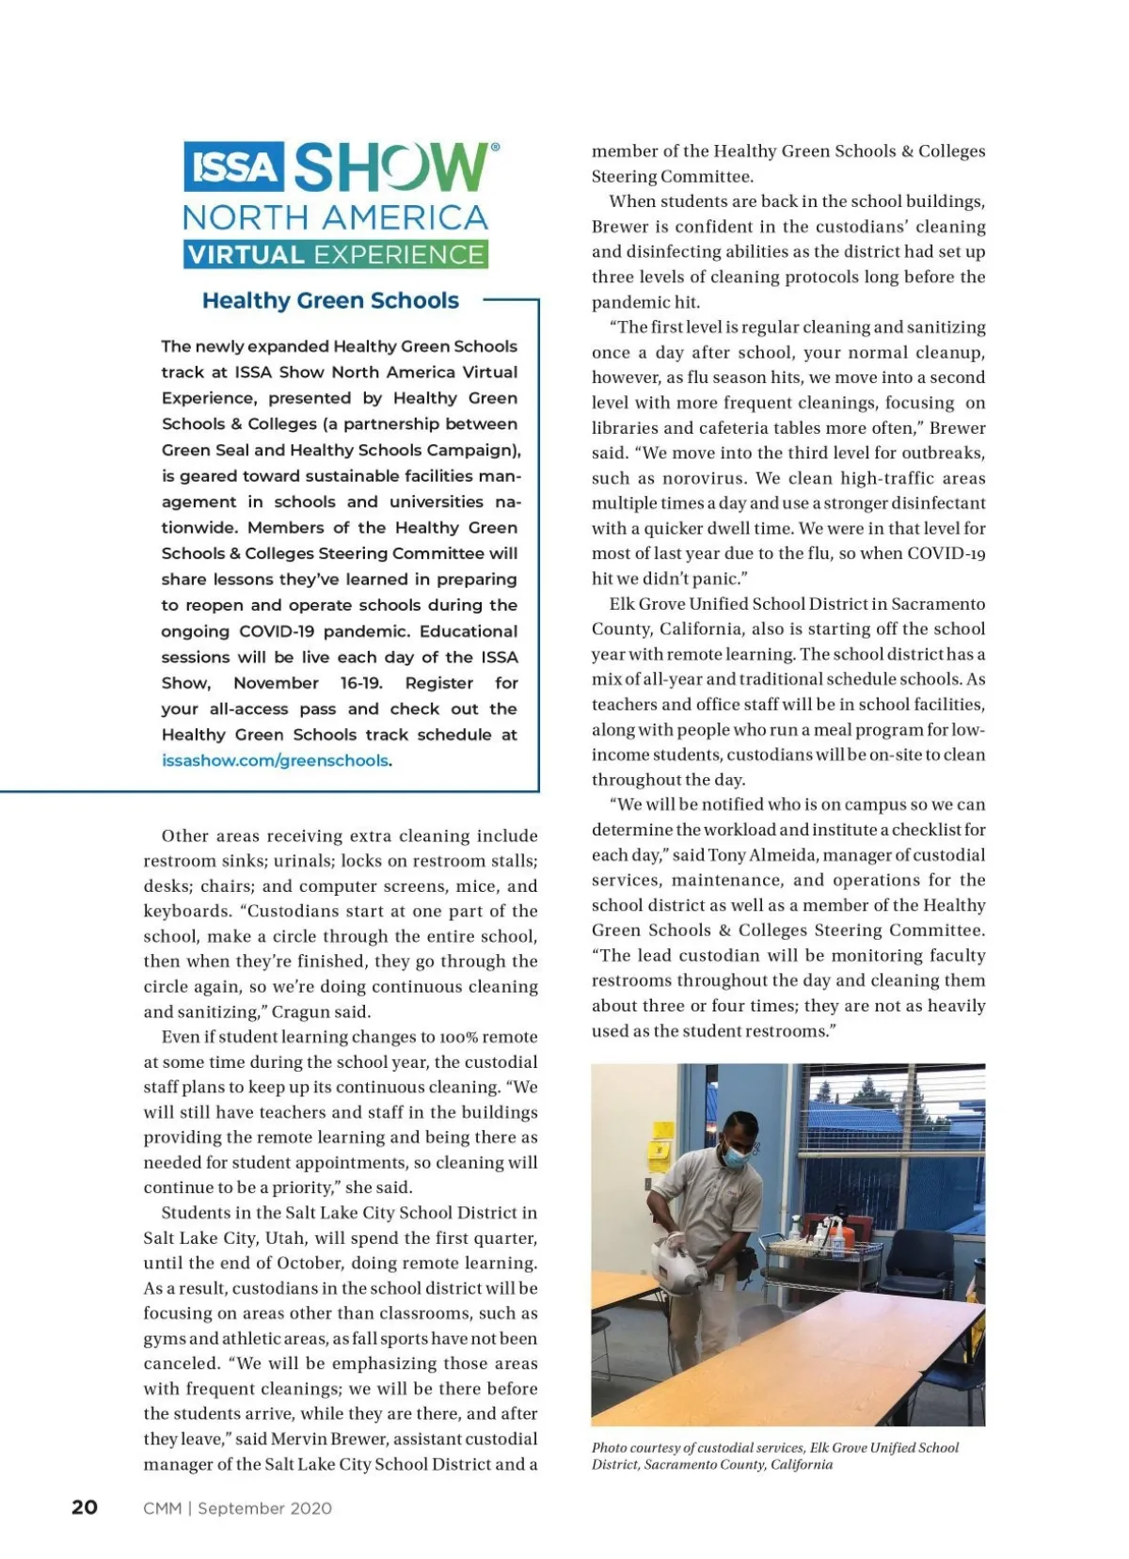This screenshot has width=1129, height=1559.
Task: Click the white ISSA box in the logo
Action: [233, 167]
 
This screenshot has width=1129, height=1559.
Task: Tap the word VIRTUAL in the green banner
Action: [246, 255]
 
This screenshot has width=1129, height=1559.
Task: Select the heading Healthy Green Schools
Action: [330, 301]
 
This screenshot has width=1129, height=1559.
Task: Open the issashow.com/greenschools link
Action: [275, 760]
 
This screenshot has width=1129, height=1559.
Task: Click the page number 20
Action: [85, 1507]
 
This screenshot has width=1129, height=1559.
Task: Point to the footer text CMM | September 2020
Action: [237, 1508]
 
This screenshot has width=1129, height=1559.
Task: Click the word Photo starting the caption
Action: [609, 1448]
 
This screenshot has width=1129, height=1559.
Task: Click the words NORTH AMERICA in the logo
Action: [335, 218]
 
